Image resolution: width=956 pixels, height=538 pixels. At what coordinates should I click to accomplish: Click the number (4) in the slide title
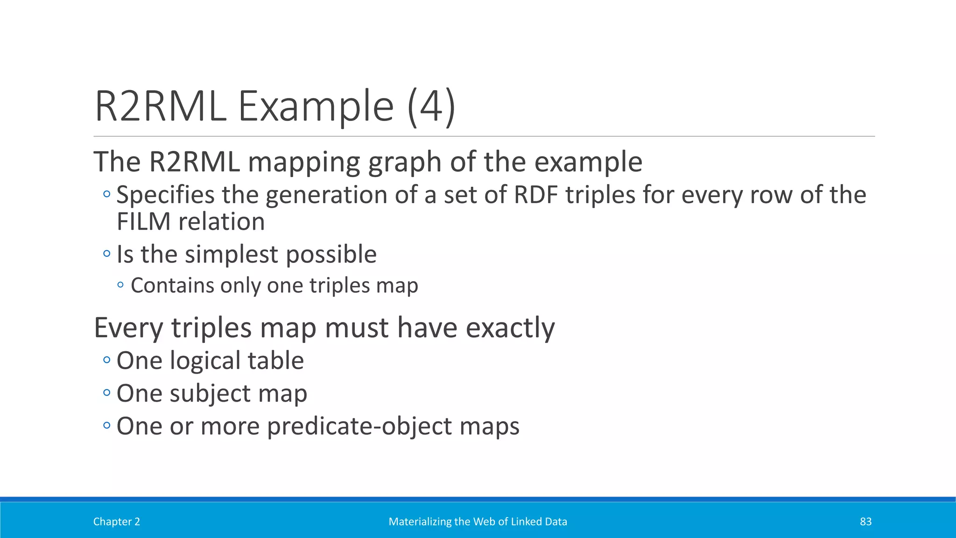(431, 106)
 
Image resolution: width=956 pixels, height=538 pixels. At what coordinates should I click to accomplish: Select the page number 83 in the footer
(865, 522)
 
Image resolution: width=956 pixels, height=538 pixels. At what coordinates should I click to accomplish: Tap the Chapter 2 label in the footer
(117, 522)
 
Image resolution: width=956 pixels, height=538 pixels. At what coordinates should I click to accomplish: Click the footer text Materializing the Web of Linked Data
(478, 522)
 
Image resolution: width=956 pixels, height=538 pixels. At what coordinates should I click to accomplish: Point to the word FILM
(143, 221)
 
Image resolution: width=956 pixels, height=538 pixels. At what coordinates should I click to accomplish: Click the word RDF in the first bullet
(535, 195)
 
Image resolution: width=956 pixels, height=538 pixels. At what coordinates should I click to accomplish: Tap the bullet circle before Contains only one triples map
(121, 284)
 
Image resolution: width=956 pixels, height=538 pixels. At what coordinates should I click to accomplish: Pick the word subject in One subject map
(210, 394)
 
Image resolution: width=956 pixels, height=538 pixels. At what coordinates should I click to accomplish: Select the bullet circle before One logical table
(107, 360)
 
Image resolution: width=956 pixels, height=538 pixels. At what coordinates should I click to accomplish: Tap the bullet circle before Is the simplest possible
(107, 254)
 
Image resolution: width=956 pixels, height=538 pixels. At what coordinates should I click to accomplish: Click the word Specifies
(165, 195)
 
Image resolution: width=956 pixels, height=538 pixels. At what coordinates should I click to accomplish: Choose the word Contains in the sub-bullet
(172, 285)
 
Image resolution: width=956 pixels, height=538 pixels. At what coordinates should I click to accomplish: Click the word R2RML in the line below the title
(195, 162)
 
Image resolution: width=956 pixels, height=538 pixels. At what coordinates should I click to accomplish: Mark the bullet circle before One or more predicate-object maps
(107, 425)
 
